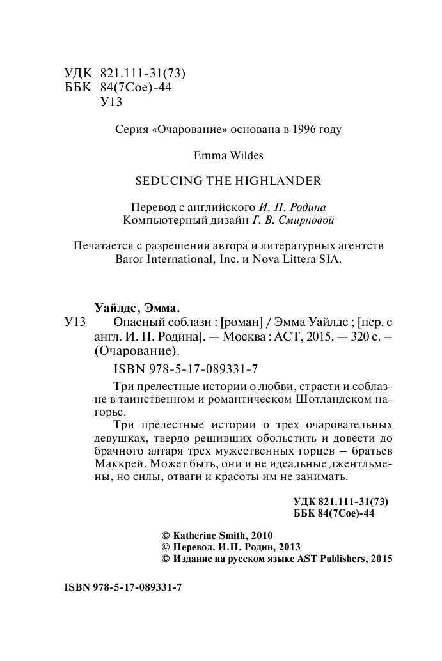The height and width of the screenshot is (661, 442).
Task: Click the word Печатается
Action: [109, 246]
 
